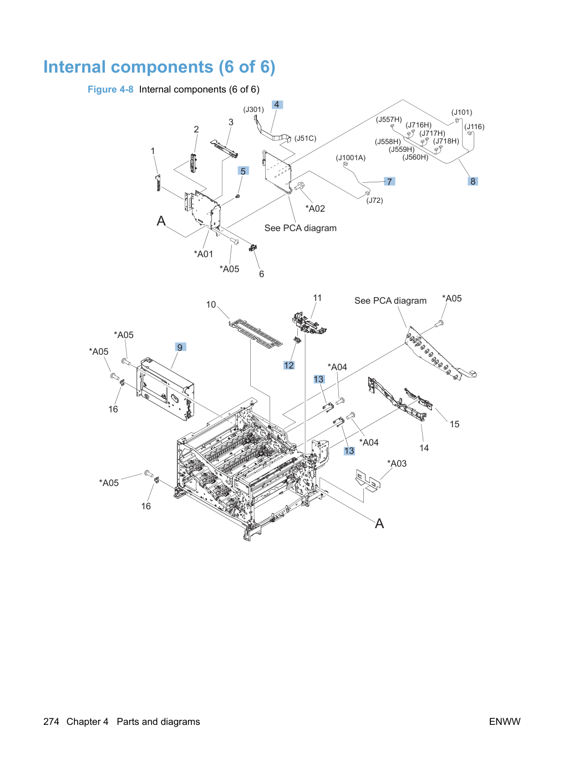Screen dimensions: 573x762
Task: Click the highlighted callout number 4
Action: (x=277, y=105)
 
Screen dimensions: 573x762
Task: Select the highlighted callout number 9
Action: (x=180, y=347)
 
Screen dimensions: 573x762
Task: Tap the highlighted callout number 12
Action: (x=289, y=365)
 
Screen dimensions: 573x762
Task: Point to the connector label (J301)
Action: (x=253, y=110)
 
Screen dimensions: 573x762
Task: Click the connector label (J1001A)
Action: (x=351, y=158)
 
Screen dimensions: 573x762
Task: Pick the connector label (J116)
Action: (x=474, y=127)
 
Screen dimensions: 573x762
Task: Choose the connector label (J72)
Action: (x=374, y=201)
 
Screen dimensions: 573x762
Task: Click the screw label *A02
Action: (x=315, y=208)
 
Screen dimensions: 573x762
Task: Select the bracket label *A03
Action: (x=397, y=463)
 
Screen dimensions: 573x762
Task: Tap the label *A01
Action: (x=203, y=254)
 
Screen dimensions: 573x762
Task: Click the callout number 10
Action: (x=211, y=304)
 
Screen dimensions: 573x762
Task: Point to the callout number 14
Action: (x=424, y=448)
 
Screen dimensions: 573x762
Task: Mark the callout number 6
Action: (x=262, y=274)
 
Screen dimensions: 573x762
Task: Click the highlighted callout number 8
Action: (x=473, y=181)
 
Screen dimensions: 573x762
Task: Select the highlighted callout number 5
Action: (x=244, y=171)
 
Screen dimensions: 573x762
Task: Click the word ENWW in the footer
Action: (x=505, y=722)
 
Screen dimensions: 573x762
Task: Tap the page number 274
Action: (x=51, y=722)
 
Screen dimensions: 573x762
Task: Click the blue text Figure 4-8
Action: (x=110, y=90)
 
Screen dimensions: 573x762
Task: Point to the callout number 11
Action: (x=317, y=298)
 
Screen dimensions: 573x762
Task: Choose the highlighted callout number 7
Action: (x=389, y=182)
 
